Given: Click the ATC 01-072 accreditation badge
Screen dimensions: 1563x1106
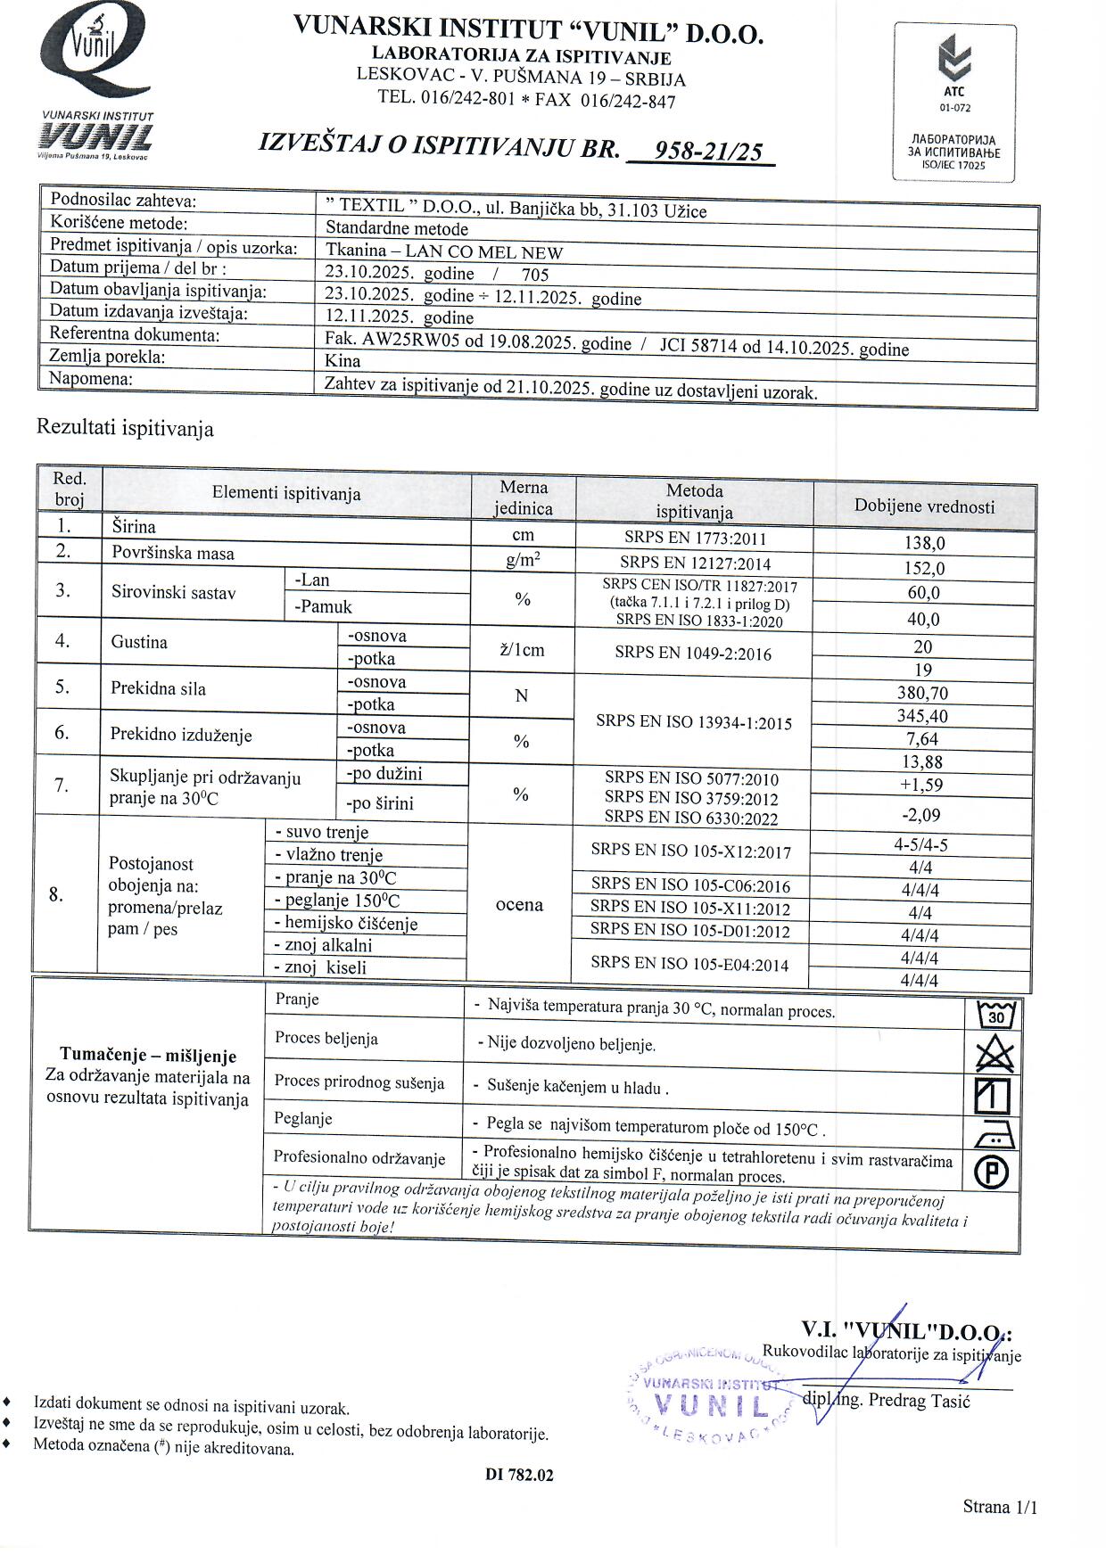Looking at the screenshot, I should [x=954, y=103].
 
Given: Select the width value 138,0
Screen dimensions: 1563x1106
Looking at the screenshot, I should [x=924, y=543].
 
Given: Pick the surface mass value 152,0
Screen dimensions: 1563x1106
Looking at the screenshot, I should [x=924, y=568].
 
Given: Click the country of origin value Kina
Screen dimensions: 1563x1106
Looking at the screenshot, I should [x=343, y=360].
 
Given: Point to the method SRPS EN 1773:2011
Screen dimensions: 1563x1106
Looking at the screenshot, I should [x=694, y=538].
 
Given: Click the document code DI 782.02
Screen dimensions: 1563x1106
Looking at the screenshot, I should [x=519, y=1475].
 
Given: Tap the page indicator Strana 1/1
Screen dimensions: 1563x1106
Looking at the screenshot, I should [x=1000, y=1507].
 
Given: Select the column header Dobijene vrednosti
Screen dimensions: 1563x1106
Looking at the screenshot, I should [x=924, y=506].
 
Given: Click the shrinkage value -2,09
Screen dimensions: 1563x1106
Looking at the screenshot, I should [x=921, y=814].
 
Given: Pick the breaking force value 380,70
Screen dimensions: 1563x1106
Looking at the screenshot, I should [x=922, y=693].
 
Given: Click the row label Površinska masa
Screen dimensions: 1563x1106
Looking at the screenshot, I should [x=173, y=553].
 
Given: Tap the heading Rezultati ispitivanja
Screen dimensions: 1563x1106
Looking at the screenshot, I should [x=125, y=428].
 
